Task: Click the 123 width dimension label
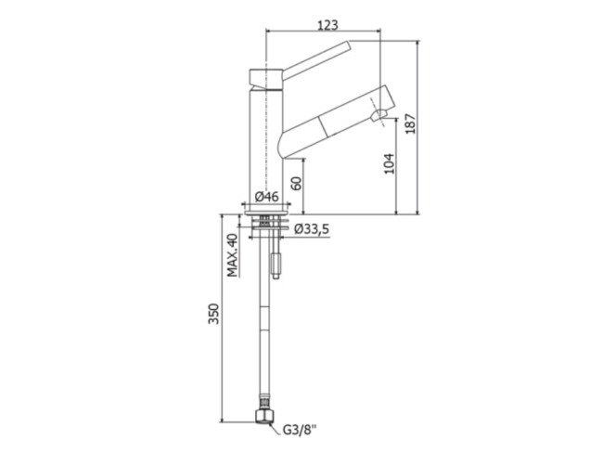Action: pos(327,25)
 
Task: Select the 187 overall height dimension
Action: pos(411,123)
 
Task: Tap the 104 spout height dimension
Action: pos(389,163)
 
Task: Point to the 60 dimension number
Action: pos(298,183)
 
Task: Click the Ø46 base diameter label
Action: pos(267,196)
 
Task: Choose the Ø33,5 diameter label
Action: pos(312,228)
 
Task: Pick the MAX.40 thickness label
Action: pos(233,255)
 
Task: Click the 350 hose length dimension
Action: pos(213,314)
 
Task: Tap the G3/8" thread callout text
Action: pos(300,430)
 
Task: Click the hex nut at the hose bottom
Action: pos(263,416)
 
